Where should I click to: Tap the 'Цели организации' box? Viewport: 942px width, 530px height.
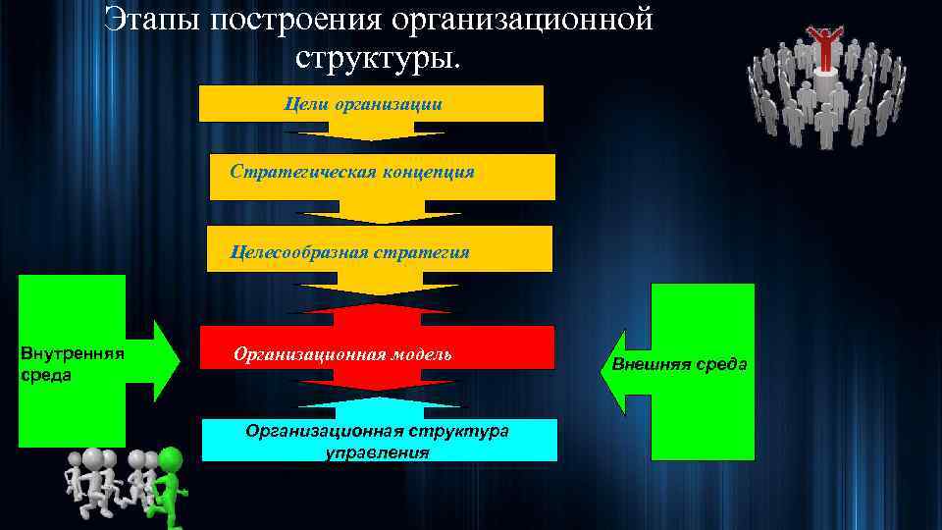pos(371,104)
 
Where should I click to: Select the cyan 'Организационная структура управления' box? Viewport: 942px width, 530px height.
pos(379,441)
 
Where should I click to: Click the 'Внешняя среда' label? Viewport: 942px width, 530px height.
pos(679,364)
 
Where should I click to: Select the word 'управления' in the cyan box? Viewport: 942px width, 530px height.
pos(377,452)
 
